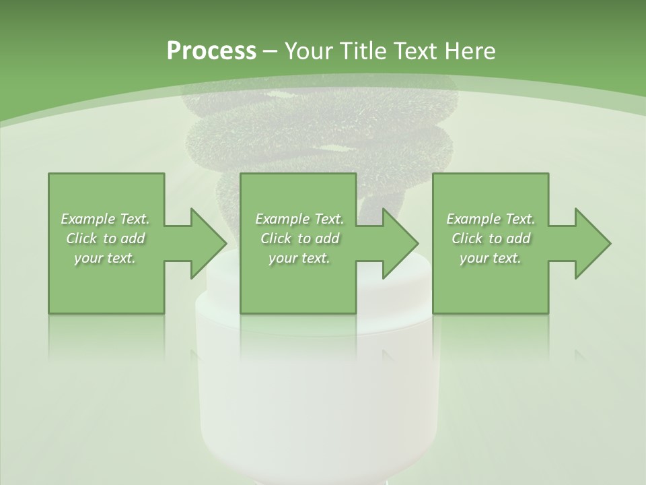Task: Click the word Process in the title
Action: click(211, 51)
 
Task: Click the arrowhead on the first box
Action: click(205, 243)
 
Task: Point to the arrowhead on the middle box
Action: click(398, 243)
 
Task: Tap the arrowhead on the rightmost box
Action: click(590, 243)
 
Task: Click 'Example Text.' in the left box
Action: click(106, 219)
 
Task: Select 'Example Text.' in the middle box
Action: click(299, 219)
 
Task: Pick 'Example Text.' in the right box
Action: click(491, 219)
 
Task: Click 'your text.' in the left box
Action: click(106, 258)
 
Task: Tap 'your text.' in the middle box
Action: click(299, 258)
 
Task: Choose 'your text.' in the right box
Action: click(491, 258)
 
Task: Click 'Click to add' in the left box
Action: click(106, 238)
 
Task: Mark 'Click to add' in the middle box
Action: click(299, 238)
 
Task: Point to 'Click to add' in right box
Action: click(491, 238)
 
